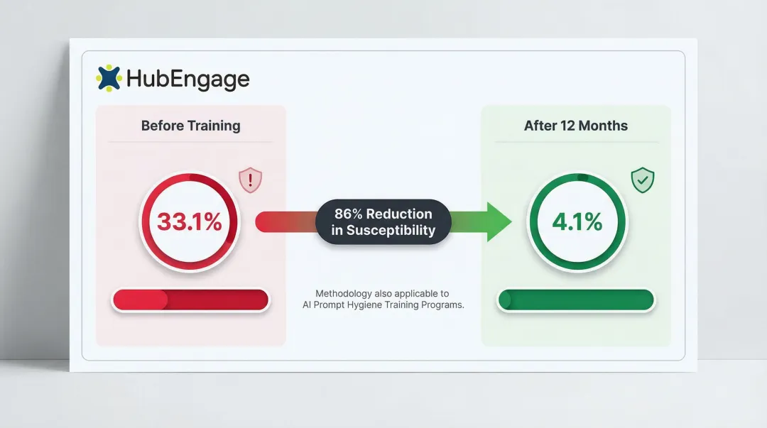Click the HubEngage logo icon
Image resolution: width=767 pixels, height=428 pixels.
coord(109,78)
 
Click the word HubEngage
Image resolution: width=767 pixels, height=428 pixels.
coord(187,79)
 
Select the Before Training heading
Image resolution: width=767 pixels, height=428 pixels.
coord(190,126)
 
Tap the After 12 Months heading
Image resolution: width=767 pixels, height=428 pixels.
coord(576,126)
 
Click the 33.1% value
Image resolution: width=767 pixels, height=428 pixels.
coord(190,222)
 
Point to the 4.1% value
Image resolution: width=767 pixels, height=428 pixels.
coord(577,222)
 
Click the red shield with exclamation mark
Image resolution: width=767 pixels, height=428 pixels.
coord(250,180)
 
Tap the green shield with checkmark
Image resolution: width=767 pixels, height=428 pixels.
coord(643,180)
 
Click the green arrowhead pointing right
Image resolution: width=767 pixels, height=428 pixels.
coord(499,222)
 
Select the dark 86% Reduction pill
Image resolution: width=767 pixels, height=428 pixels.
coord(383,222)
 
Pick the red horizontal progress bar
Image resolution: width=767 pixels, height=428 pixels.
coord(190,300)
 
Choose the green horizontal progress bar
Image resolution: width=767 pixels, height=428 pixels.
coord(576,300)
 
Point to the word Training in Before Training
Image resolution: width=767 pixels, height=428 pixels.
coord(214,126)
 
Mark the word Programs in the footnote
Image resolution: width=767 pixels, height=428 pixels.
coord(444,305)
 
